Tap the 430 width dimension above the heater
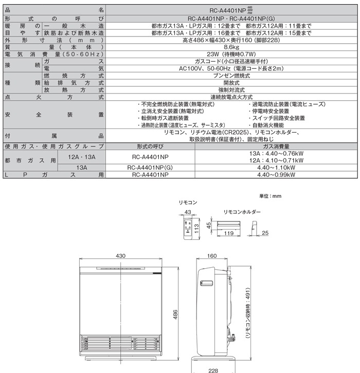click(120, 256)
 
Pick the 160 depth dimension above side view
click(211, 256)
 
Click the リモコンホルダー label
click(242, 212)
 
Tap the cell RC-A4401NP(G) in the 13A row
click(150, 167)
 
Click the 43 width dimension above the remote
click(187, 213)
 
